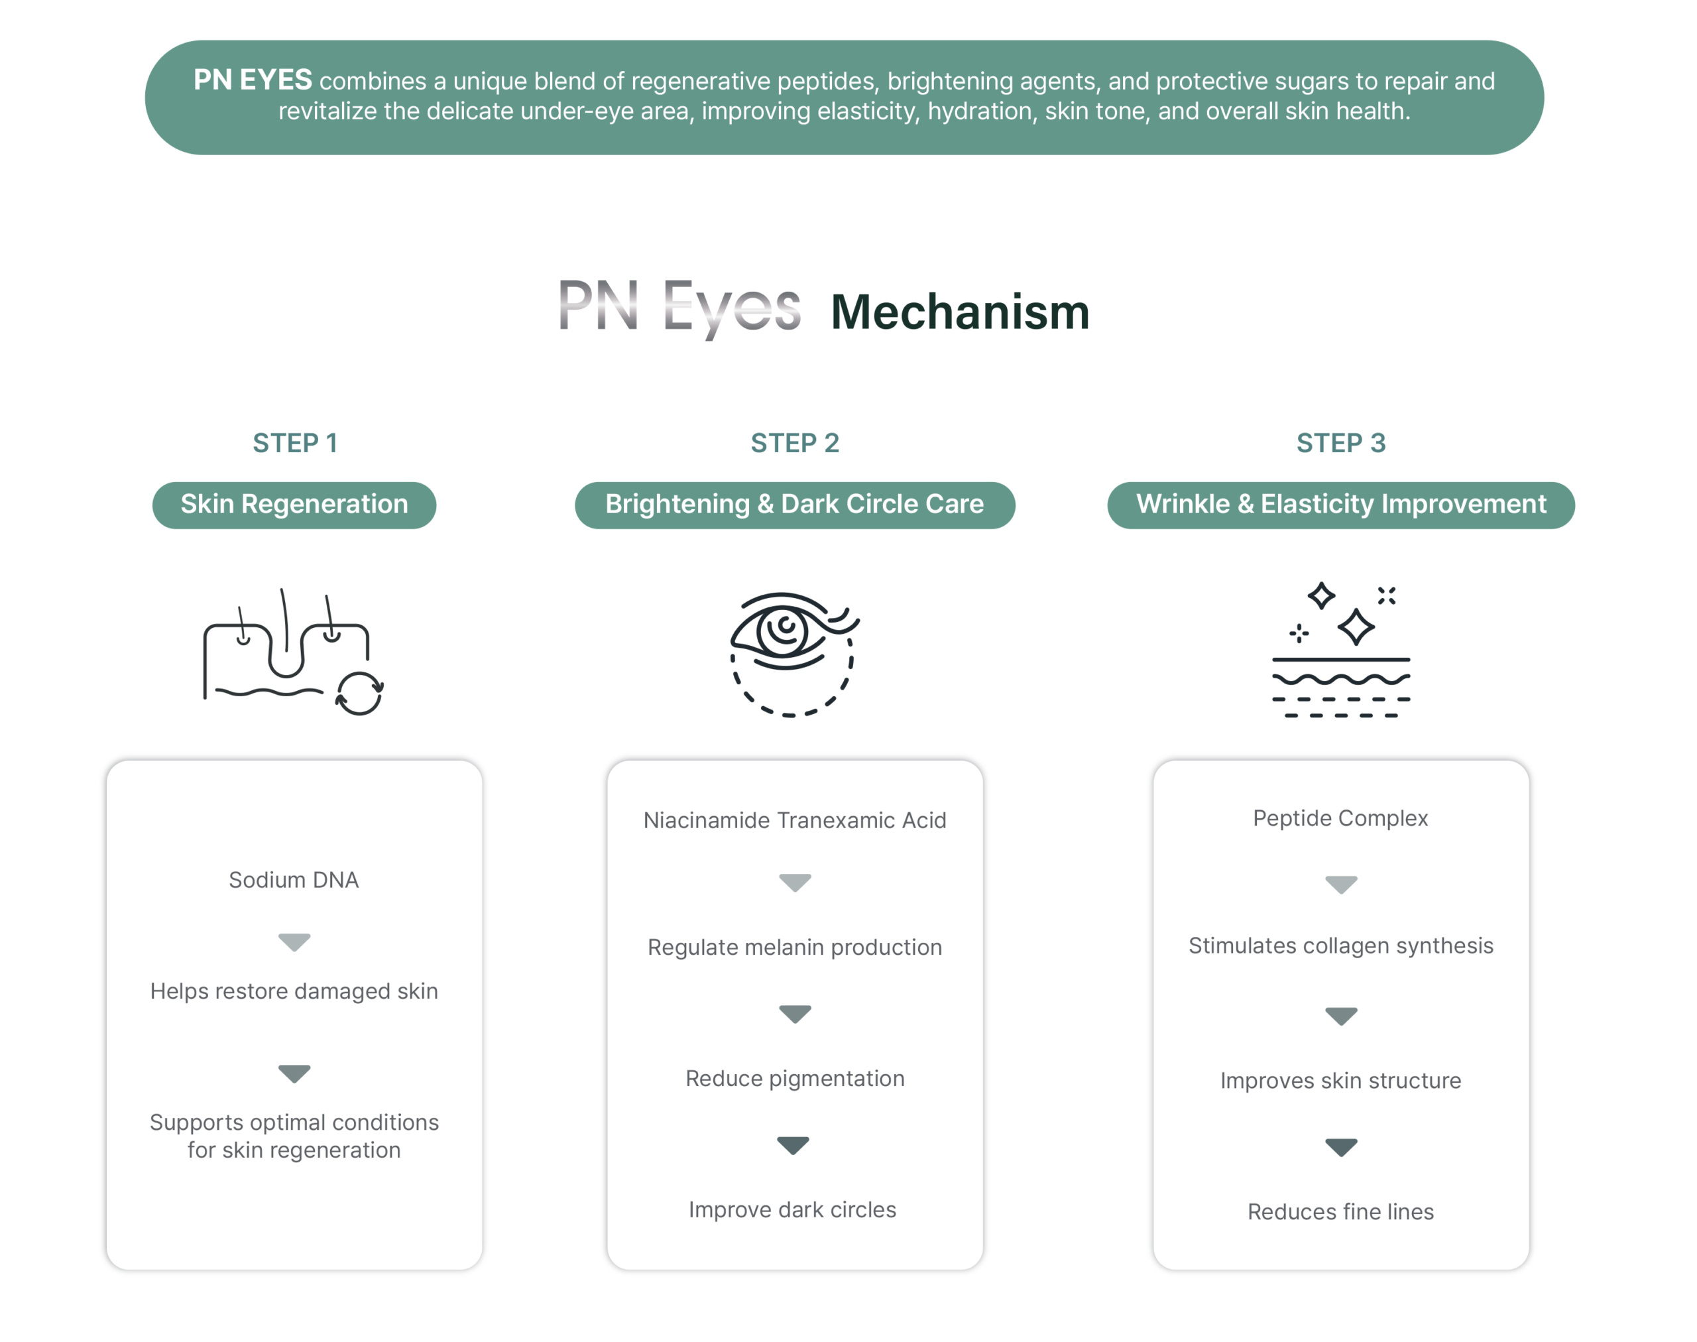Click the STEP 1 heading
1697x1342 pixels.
pos(294,443)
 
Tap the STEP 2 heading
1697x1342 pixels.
pos(794,443)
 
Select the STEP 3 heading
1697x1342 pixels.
pos(1340,443)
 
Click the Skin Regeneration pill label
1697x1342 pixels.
pos(294,505)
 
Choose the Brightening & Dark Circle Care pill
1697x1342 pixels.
pos(794,505)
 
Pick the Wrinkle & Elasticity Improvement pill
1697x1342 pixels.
pos(1340,505)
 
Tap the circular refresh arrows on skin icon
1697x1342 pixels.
pos(359,694)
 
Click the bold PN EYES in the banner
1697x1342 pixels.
pos(253,80)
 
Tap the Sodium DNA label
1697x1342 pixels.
pos(294,879)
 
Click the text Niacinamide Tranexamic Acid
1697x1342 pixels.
pos(794,820)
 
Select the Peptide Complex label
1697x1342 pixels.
pos(1340,818)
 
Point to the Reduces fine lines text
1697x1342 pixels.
pos(1340,1211)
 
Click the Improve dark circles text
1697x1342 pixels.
pos(792,1209)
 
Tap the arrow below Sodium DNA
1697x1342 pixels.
pos(294,942)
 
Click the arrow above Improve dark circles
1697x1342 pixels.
pos(793,1145)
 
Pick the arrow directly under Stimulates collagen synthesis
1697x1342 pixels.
pos(1340,1016)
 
